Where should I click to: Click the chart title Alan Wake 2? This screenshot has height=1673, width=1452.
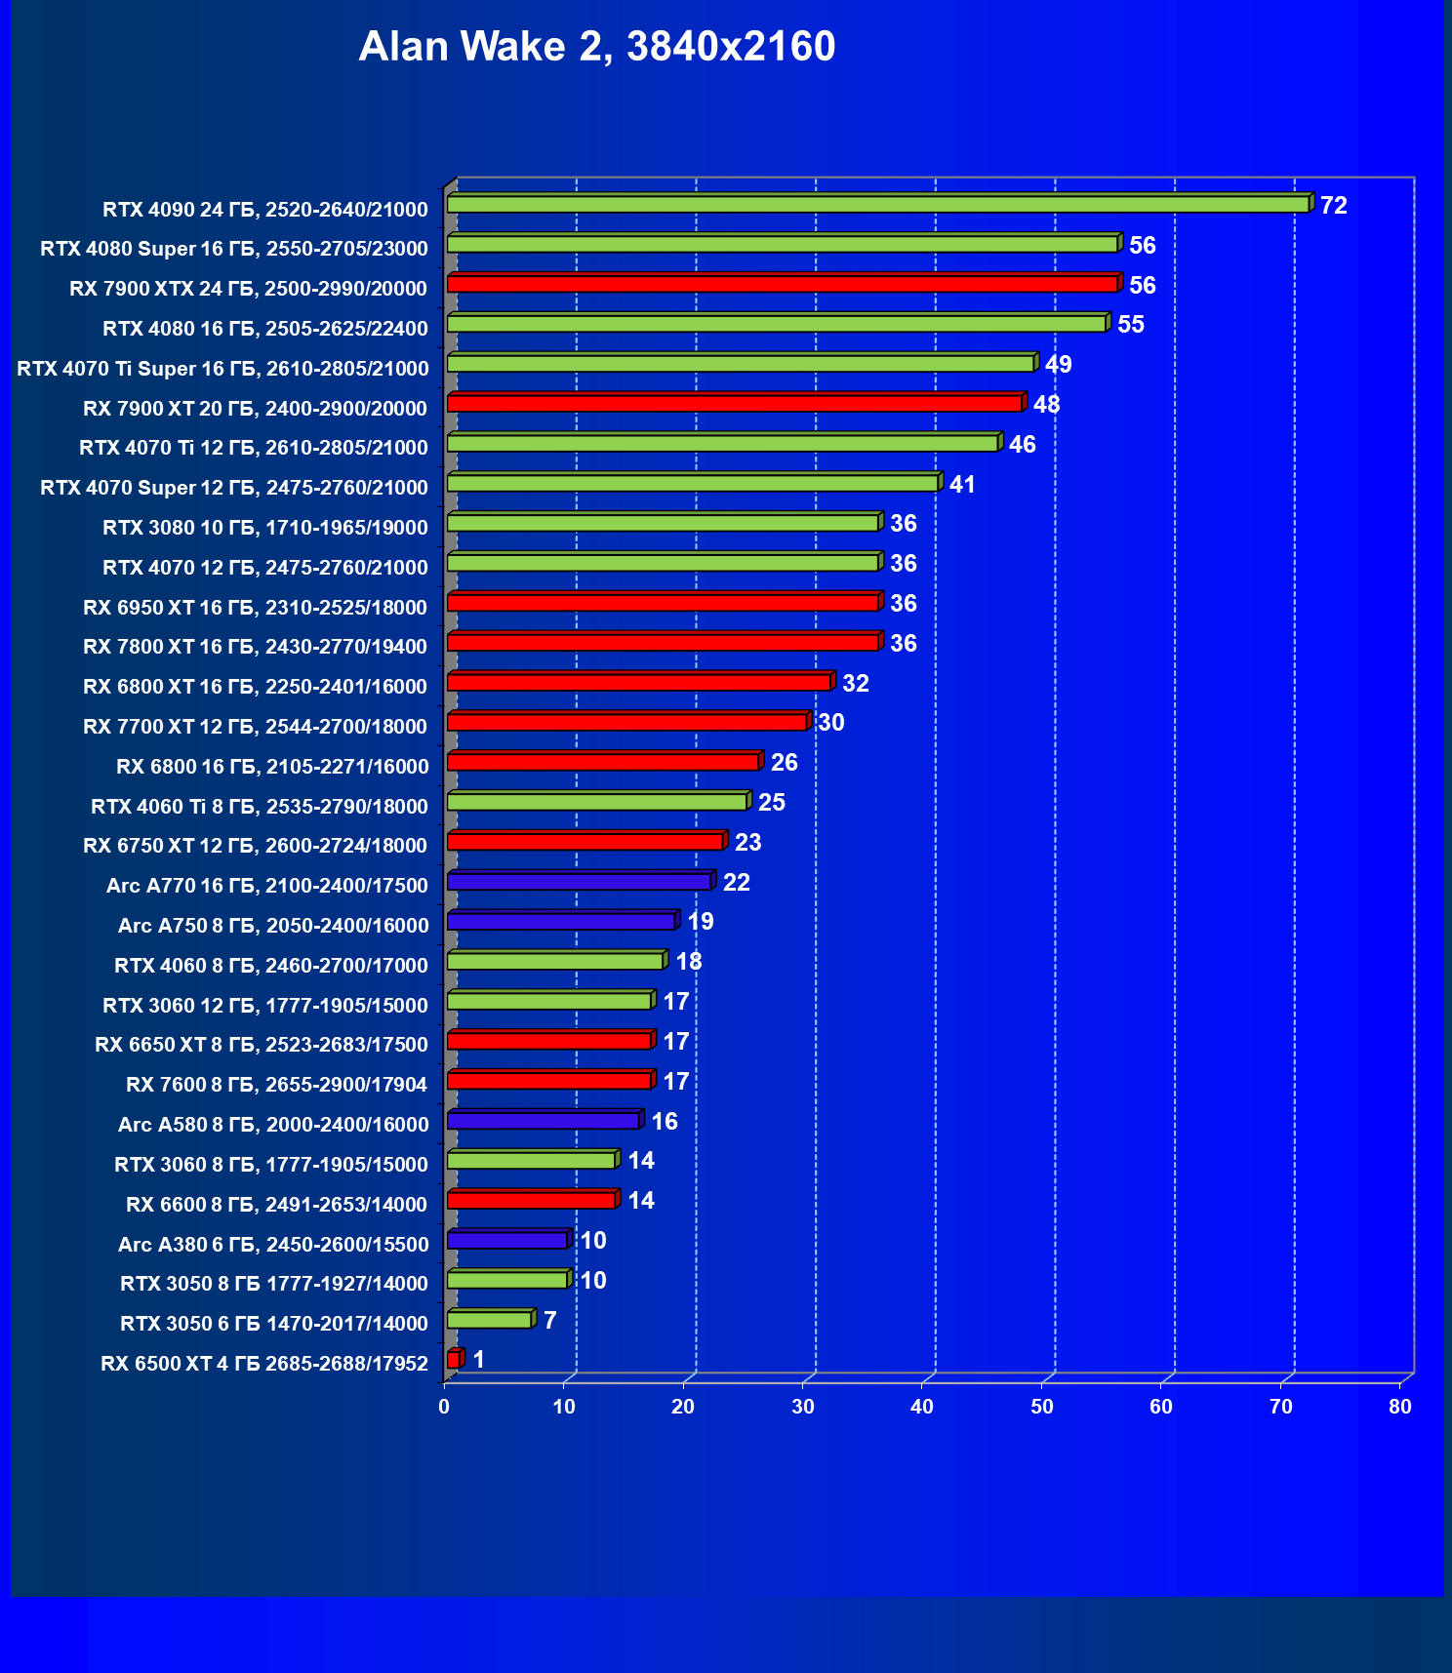coord(596,47)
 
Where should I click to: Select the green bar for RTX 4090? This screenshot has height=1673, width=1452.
coord(878,204)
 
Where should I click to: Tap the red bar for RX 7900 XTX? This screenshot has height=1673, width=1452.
coord(783,284)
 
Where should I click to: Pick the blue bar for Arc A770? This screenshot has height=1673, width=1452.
coord(580,882)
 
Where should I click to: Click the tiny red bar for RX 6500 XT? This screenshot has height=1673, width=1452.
coord(454,1360)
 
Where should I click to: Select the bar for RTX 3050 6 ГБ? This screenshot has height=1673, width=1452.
coord(490,1320)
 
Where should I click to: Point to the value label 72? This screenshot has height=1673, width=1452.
coord(1333,206)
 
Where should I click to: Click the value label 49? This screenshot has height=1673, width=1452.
coord(1058,365)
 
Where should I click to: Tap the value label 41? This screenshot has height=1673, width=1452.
coord(962,485)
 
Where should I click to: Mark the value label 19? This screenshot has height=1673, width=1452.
coord(701,922)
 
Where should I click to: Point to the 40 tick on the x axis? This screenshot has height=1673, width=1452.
coord(922,1407)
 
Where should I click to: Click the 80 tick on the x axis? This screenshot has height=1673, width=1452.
coord(1400,1407)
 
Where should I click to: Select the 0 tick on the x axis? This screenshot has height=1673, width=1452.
coord(445,1407)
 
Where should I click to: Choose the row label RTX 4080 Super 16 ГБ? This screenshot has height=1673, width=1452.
coord(234,249)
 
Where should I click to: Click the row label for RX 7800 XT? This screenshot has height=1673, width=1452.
coord(256,647)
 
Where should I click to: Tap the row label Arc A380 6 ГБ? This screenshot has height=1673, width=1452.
coord(273,1245)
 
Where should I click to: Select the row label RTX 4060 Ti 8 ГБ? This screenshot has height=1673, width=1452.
coord(260,807)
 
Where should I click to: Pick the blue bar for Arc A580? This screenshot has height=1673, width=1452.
coord(544,1121)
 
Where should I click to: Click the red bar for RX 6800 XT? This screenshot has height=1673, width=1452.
coord(639,682)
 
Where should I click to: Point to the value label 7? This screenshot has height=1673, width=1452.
coord(550,1321)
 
